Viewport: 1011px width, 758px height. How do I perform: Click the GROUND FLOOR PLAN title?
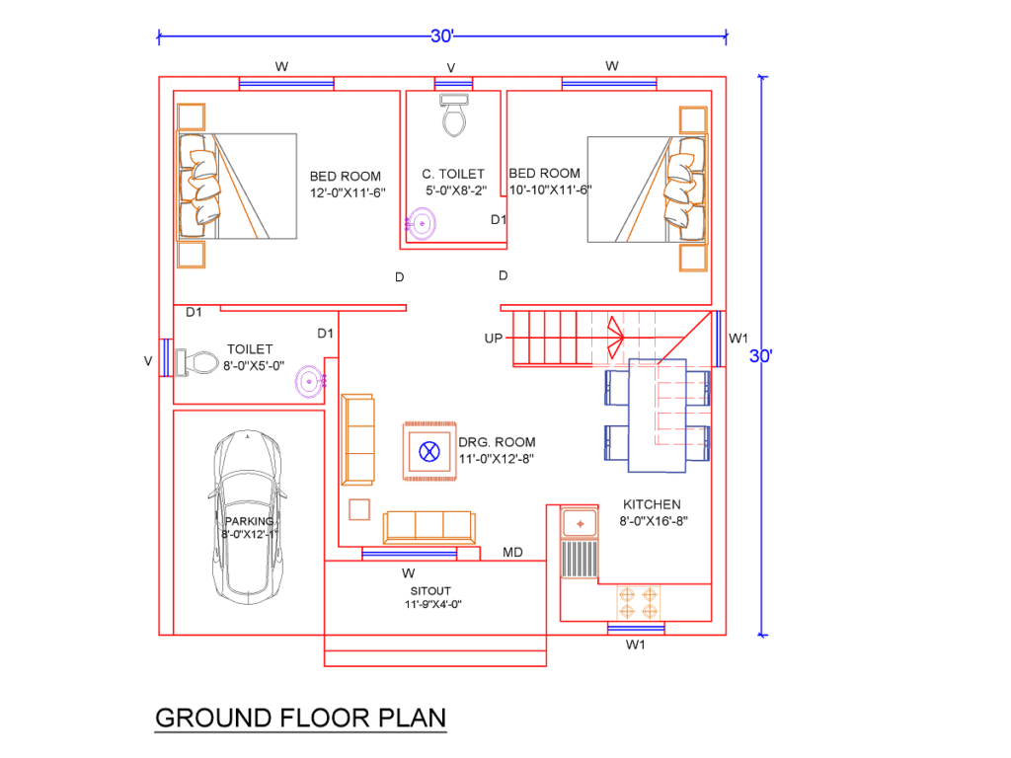tap(300, 718)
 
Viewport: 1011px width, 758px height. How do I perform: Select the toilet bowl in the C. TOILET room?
tap(453, 116)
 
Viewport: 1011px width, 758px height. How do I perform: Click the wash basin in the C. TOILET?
tap(423, 224)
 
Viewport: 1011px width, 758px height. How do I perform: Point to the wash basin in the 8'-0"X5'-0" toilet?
tap(311, 380)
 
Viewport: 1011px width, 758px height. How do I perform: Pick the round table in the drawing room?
tap(428, 452)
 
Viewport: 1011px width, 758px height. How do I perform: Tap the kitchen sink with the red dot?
tap(580, 520)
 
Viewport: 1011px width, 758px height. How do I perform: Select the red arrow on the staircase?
tap(612, 339)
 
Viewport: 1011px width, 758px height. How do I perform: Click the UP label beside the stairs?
tap(494, 339)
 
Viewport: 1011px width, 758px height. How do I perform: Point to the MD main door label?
tap(512, 552)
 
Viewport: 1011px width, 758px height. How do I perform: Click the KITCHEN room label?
tap(650, 504)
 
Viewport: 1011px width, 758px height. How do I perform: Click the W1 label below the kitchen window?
tap(635, 645)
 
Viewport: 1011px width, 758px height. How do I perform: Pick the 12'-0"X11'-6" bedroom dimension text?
tap(346, 192)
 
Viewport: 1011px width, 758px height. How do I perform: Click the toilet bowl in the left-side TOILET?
tap(197, 362)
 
